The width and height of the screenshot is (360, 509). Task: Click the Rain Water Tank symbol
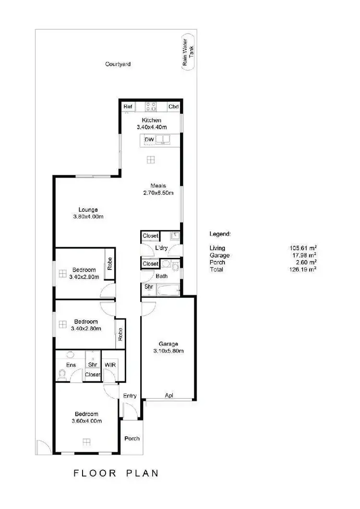188,52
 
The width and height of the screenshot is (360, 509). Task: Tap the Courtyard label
118,64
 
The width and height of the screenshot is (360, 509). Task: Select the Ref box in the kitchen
128,107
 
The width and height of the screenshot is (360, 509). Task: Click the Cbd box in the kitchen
173,107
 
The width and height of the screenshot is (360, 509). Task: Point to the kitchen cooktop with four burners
151,107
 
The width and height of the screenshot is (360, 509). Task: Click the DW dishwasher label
149,140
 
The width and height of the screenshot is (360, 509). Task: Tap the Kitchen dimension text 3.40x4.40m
151,127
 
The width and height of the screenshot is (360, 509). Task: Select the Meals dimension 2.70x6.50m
158,193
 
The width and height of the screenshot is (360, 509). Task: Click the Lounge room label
88,210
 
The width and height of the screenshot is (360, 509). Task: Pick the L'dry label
161,248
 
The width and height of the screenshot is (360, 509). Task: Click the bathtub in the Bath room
168,289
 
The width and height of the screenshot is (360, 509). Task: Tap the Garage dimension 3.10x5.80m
168,351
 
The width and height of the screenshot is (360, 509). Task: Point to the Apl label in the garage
168,396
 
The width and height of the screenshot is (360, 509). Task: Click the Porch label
132,439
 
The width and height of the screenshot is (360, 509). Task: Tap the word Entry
130,396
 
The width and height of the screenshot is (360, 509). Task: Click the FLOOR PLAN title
116,473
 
